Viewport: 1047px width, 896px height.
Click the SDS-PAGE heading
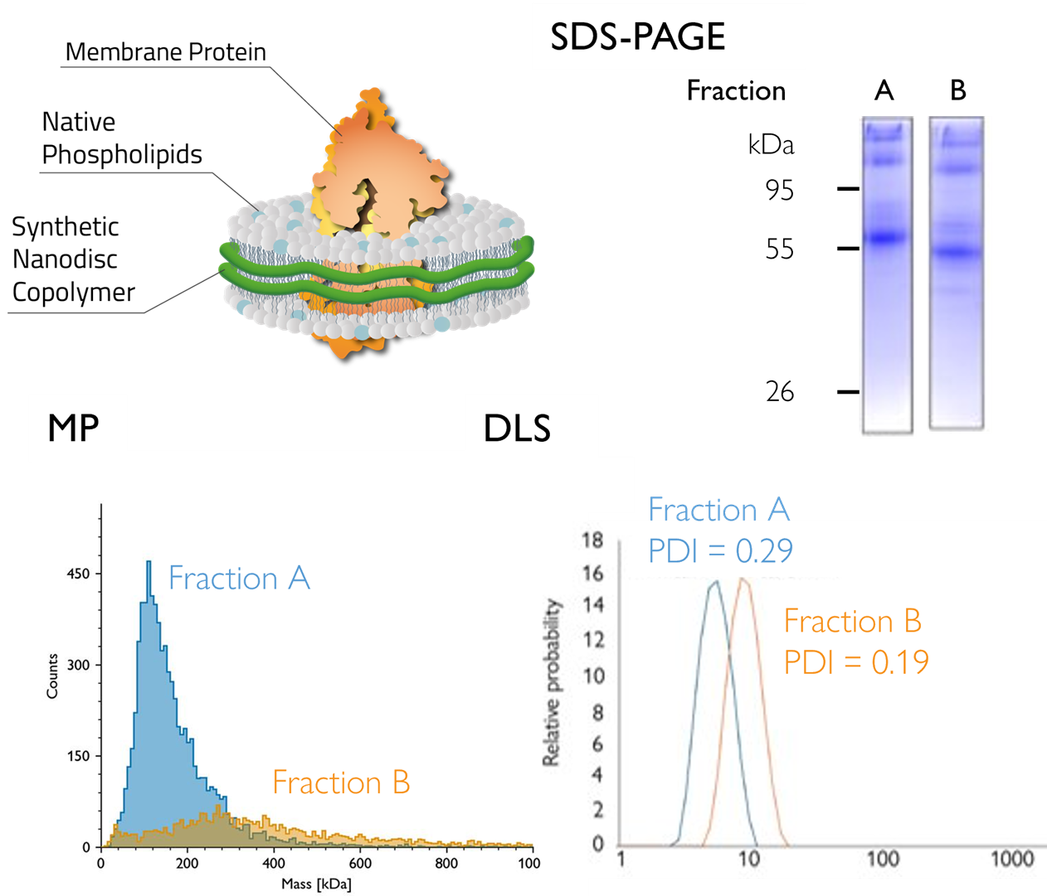[638, 37]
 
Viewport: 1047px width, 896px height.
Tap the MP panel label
[74, 428]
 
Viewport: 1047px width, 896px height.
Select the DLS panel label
[517, 428]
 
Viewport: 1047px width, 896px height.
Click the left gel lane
[887, 274]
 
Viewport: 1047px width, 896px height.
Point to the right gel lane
[956, 274]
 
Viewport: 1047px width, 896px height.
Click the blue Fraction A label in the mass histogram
[239, 579]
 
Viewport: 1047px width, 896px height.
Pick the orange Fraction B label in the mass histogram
[341, 782]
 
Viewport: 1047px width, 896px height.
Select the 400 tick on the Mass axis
[274, 863]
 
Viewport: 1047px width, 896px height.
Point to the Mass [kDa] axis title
[316, 884]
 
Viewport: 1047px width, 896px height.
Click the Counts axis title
[52, 676]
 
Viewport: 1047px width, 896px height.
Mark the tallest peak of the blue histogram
[149, 563]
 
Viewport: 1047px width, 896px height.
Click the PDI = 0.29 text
[720, 550]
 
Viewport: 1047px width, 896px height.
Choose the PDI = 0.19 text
[856, 662]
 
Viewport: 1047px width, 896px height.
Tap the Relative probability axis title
[552, 681]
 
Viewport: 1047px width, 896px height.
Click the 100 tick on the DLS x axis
[883, 859]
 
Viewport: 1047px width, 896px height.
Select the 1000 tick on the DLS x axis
[1012, 859]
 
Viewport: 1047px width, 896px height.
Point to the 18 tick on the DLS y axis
[592, 540]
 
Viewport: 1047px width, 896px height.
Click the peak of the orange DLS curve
[743, 579]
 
